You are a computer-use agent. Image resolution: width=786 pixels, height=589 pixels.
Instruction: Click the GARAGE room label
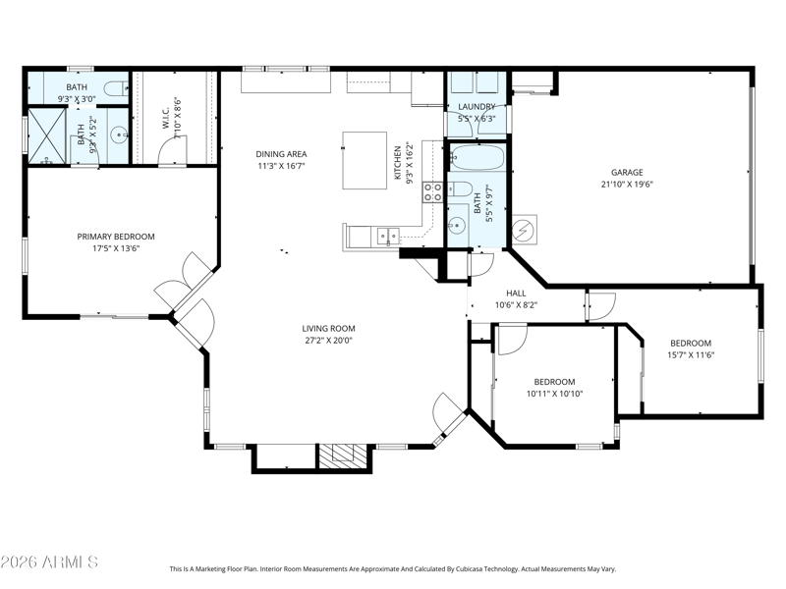pyautogui.click(x=627, y=173)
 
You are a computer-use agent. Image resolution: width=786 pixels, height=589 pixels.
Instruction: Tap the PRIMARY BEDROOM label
pyautogui.click(x=116, y=237)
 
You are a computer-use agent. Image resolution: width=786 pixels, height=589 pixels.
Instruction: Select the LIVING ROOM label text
pyautogui.click(x=328, y=329)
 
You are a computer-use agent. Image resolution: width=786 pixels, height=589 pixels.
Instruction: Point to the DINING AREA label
pyautogui.click(x=281, y=154)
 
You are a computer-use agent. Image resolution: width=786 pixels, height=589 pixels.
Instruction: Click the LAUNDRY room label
pyautogui.click(x=477, y=107)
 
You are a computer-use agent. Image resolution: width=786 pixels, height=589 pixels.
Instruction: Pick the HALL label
pyautogui.click(x=516, y=294)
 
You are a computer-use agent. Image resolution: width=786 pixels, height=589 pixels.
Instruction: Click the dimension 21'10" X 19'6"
pyautogui.click(x=627, y=185)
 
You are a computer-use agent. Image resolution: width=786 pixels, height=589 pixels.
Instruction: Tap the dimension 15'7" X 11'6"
pyautogui.click(x=691, y=355)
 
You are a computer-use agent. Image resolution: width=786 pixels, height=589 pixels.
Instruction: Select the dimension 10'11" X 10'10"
pyautogui.click(x=554, y=394)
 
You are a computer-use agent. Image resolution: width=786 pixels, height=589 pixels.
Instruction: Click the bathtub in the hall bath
pyautogui.click(x=477, y=158)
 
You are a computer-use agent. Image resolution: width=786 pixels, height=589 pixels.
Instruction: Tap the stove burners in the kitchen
pyautogui.click(x=432, y=191)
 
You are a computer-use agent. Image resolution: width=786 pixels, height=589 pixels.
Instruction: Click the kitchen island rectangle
pyautogui.click(x=365, y=160)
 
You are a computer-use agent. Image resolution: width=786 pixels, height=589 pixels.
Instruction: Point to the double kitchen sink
pyautogui.click(x=388, y=236)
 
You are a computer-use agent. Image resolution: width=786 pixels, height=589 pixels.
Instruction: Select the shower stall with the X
pyautogui.click(x=46, y=135)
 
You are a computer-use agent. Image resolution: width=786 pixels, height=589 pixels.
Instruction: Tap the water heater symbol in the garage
pyautogui.click(x=525, y=230)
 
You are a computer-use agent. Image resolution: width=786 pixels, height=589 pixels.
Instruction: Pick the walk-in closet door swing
pyautogui.click(x=172, y=150)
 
